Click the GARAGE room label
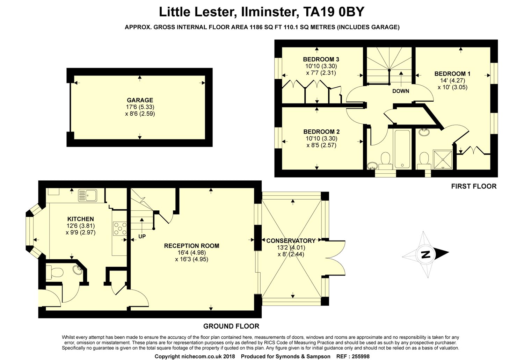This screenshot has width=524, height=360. point(140,100)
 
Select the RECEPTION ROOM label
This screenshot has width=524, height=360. point(191,246)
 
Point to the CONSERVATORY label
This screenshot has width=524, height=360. point(291,241)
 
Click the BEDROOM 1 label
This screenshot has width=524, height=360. point(452,74)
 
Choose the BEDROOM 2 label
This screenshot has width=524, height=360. point(321,132)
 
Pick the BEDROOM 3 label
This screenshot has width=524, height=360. point(321,59)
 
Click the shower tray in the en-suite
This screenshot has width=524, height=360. point(442,159)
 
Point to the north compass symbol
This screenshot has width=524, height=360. point(426,254)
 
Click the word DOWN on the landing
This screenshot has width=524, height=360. point(401,91)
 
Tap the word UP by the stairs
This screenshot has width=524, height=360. point(142,236)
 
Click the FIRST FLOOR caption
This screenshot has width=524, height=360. point(474,186)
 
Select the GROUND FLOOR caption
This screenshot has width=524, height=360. point(231,326)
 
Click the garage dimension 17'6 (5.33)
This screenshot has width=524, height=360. point(140,107)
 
